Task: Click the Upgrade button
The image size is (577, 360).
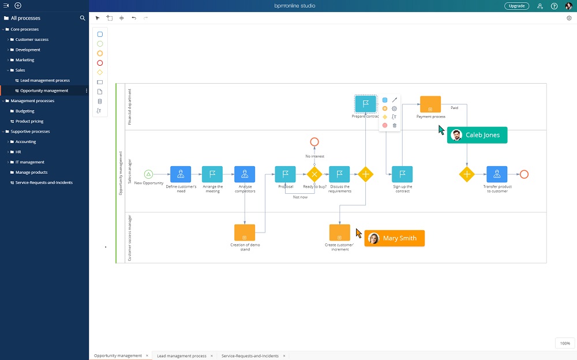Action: tap(516, 6)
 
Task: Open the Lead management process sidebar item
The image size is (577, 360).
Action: tap(44, 81)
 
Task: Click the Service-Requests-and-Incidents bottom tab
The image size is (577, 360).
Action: tap(250, 356)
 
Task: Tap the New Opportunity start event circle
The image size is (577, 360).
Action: tap(148, 174)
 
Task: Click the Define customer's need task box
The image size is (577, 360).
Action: tap(181, 174)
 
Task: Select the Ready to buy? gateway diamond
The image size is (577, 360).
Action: tap(314, 174)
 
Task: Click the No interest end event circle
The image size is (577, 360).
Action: tap(314, 141)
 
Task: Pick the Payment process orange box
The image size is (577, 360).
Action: tap(430, 104)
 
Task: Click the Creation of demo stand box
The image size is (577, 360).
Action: tap(245, 232)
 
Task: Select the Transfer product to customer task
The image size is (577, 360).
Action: tap(497, 174)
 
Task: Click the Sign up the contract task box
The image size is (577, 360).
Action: tap(402, 174)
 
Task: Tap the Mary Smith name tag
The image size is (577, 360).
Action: tap(395, 238)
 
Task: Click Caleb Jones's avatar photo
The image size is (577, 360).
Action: tap(457, 135)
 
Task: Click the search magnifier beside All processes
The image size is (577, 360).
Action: tap(83, 18)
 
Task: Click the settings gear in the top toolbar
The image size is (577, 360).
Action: tap(569, 18)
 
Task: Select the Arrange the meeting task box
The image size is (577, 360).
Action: tap(212, 174)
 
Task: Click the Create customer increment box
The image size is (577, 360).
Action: tap(340, 232)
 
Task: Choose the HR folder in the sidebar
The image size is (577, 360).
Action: tap(18, 152)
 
